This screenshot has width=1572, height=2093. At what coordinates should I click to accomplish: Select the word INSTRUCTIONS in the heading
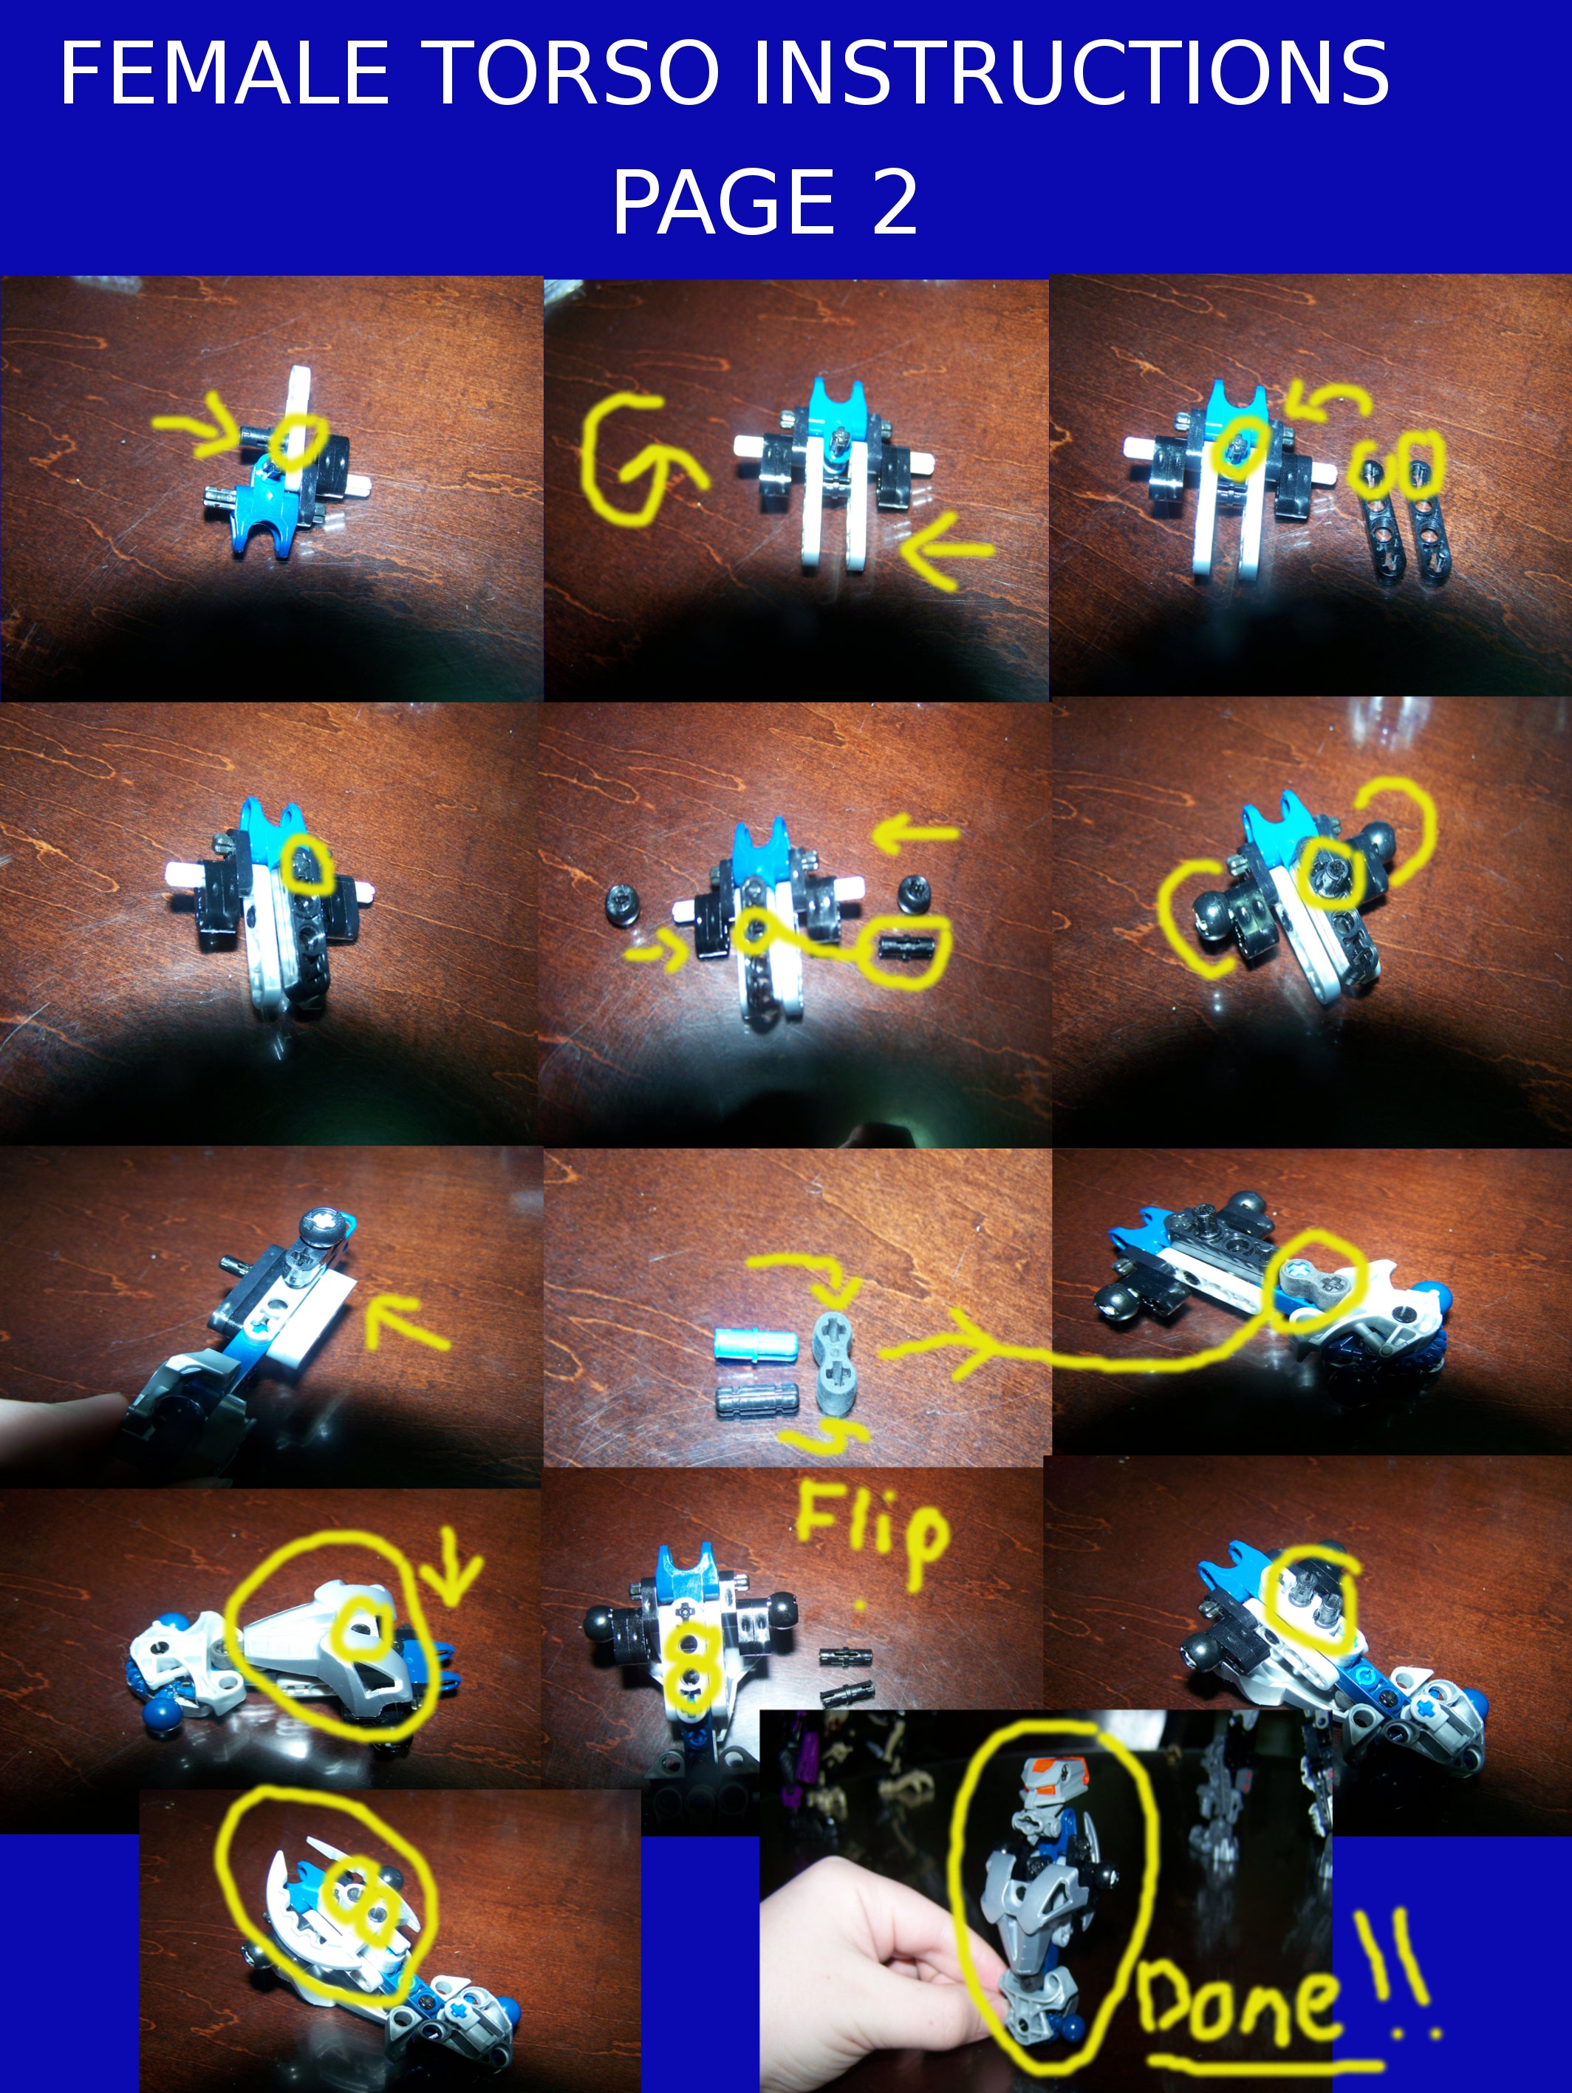coord(1070,73)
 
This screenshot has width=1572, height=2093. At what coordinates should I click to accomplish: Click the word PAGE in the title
coord(723,202)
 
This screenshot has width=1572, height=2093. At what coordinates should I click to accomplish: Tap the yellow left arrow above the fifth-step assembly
coord(915,834)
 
